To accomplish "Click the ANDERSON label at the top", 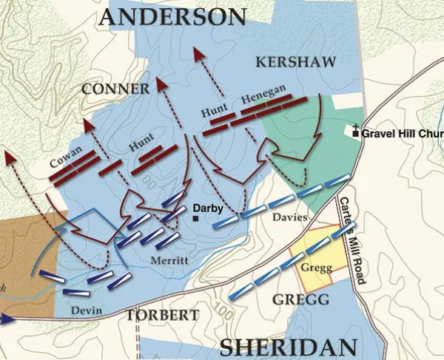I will click(x=172, y=18).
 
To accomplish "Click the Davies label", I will click(x=289, y=217).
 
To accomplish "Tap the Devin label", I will click(x=85, y=310).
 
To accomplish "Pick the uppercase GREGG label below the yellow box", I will click(x=300, y=299).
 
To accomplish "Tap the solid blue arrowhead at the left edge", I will click(x=7, y=319).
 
